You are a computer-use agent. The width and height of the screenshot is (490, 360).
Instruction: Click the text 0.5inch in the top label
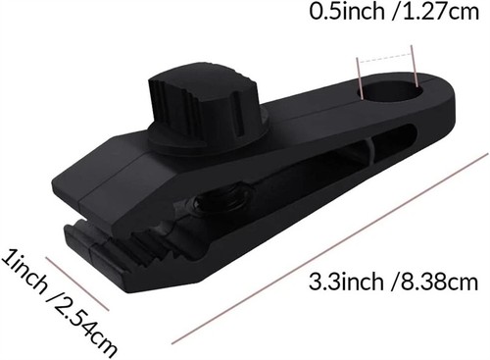[x=347, y=12]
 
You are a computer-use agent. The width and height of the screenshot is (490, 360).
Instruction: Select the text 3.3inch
[x=346, y=282]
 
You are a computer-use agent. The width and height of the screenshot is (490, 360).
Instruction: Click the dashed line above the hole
[x=384, y=56]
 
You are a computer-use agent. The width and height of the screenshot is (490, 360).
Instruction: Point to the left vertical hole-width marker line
[x=360, y=77]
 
